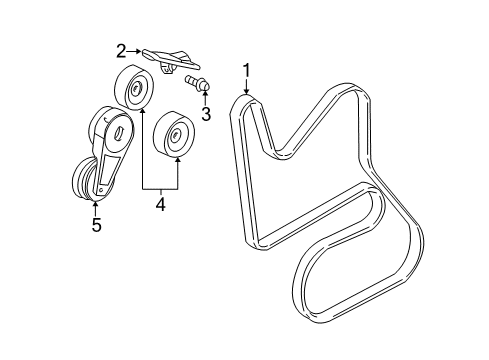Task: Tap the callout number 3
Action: point(206,113)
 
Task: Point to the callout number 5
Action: point(96,225)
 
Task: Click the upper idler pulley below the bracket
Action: point(133,91)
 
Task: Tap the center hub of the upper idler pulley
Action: point(135,92)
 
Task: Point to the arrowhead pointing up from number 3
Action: point(203,96)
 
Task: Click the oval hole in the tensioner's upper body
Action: point(120,131)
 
